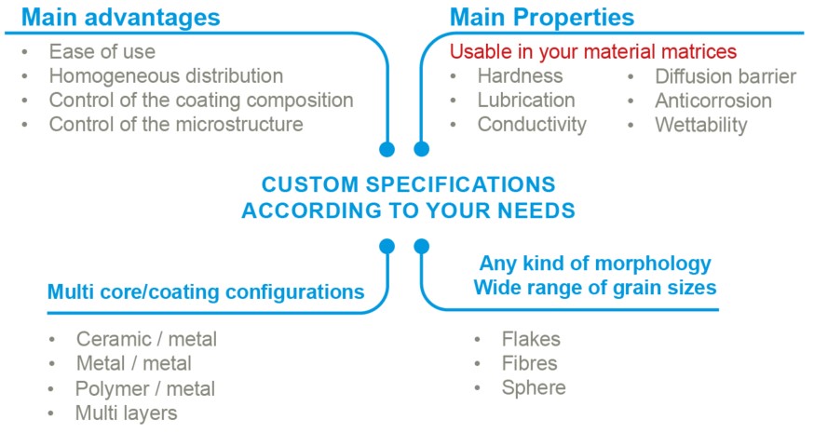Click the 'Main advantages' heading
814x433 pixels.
[121, 17]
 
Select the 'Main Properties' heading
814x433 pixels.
[542, 17]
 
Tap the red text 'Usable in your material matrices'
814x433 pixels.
[593, 52]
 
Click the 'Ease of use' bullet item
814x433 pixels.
[102, 52]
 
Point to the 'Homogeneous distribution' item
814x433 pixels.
[166, 76]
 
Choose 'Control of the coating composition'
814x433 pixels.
[201, 101]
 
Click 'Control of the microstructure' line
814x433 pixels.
[176, 125]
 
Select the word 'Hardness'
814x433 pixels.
[521, 76]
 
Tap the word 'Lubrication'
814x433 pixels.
[526, 101]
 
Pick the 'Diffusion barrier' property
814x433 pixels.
[726, 76]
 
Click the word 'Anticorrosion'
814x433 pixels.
[713, 101]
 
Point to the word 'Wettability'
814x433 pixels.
[700, 125]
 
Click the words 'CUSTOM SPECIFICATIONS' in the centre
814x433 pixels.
[409, 184]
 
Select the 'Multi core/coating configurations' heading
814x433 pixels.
[206, 291]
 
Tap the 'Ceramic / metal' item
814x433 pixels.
[146, 339]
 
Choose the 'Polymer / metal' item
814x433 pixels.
[145, 388]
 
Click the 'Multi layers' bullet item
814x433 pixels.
[126, 413]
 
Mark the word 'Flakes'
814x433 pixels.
[531, 339]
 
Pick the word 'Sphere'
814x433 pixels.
[534, 387]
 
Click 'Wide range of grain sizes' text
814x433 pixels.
[595, 288]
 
